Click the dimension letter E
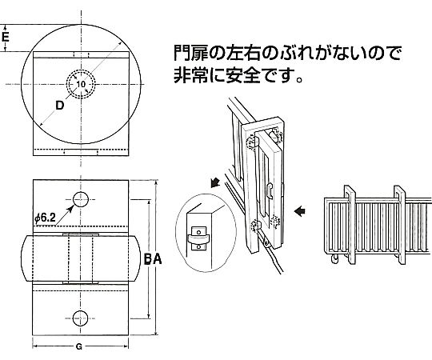tap(6, 37)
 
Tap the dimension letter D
tap(59, 106)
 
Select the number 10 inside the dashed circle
tap(81, 84)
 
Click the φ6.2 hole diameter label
tap(45, 218)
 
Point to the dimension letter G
tap(78, 346)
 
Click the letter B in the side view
tap(148, 259)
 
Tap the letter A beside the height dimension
tap(157, 259)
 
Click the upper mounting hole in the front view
tap(81, 199)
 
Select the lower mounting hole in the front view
tap(81, 318)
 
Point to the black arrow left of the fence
tap(300, 211)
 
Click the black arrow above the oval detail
tap(215, 182)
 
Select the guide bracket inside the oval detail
tap(198, 238)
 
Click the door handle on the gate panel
tap(269, 190)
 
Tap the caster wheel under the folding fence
tap(334, 259)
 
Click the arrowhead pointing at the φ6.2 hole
tap(70, 210)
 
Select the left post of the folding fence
tap(350, 225)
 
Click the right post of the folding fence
tap(400, 225)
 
